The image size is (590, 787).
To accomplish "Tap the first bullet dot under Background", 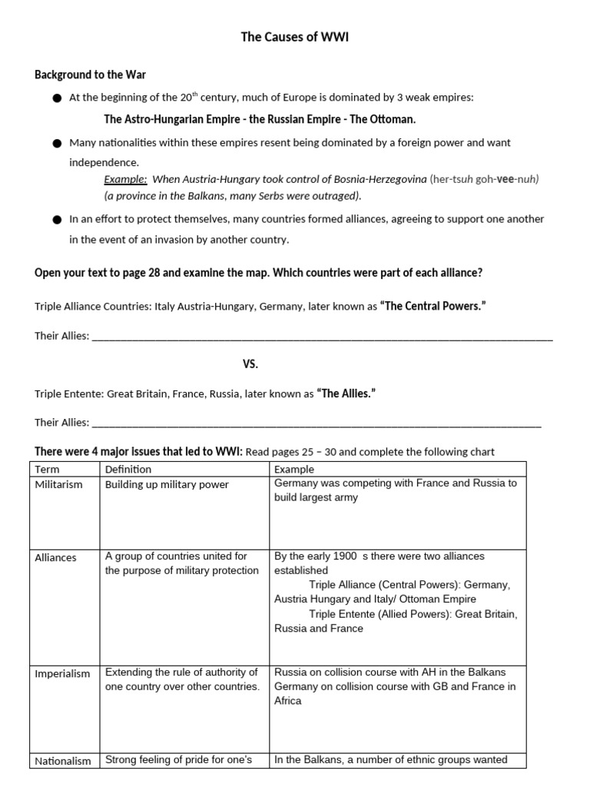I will [57, 99].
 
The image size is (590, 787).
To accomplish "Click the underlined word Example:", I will [125, 179].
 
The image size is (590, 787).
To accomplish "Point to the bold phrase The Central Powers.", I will [433, 307].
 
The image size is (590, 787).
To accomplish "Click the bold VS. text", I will [250, 364].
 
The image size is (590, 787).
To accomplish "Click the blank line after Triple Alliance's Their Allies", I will [322, 337].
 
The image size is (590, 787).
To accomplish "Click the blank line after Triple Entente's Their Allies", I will [316, 423].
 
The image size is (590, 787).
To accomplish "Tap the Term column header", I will [47, 469].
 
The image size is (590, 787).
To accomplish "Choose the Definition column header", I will [128, 469].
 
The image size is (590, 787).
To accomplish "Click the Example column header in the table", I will [294, 469].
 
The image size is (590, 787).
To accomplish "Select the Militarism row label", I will [58, 485].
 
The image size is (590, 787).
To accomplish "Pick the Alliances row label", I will [56, 557].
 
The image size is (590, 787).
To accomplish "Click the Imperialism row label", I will [62, 673].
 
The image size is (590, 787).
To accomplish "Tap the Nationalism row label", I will [63, 761].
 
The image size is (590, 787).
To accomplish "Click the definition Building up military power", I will [167, 485].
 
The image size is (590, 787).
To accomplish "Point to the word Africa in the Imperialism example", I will [288, 701].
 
